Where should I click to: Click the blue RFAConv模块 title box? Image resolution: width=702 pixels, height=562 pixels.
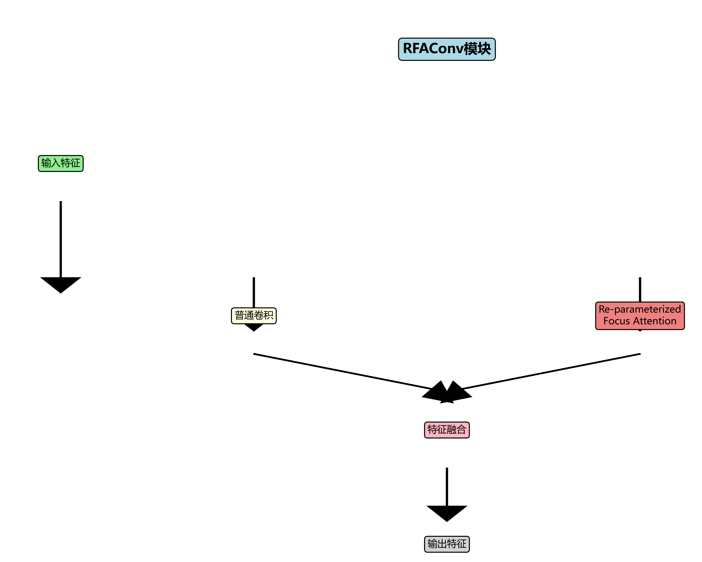click(x=447, y=49)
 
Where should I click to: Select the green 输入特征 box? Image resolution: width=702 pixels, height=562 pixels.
click(x=61, y=163)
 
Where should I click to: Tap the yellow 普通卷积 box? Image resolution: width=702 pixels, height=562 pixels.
click(x=254, y=316)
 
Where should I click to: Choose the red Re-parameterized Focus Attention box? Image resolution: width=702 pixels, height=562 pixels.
click(x=640, y=316)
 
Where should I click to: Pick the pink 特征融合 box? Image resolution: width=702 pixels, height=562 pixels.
click(x=447, y=430)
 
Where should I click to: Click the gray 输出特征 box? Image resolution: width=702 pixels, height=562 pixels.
click(x=447, y=544)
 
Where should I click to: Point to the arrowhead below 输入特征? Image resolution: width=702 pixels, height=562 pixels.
click(x=61, y=284)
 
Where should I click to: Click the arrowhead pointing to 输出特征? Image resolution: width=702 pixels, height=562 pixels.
click(x=447, y=513)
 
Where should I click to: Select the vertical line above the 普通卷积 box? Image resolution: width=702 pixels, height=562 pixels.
click(x=254, y=292)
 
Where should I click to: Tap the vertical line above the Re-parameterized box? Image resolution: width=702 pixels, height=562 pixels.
click(x=640, y=289)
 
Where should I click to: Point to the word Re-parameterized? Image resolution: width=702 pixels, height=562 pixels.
click(x=640, y=309)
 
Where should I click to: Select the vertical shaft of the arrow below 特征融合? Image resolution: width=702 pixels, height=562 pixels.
click(x=447, y=487)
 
